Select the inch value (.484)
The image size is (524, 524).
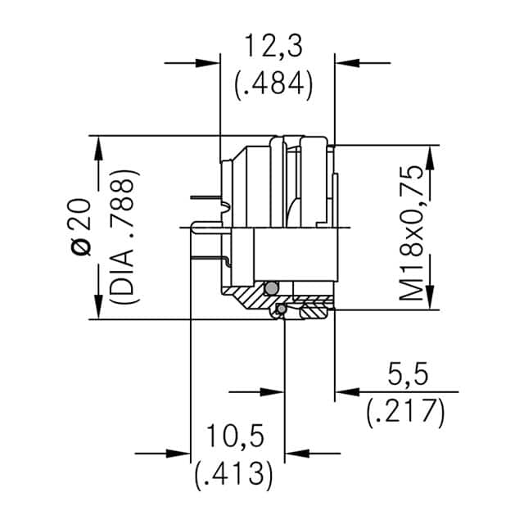click(273, 84)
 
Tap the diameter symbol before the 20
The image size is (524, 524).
click(79, 246)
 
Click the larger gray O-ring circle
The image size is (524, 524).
click(271, 287)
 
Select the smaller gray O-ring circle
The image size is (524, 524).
click(281, 309)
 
